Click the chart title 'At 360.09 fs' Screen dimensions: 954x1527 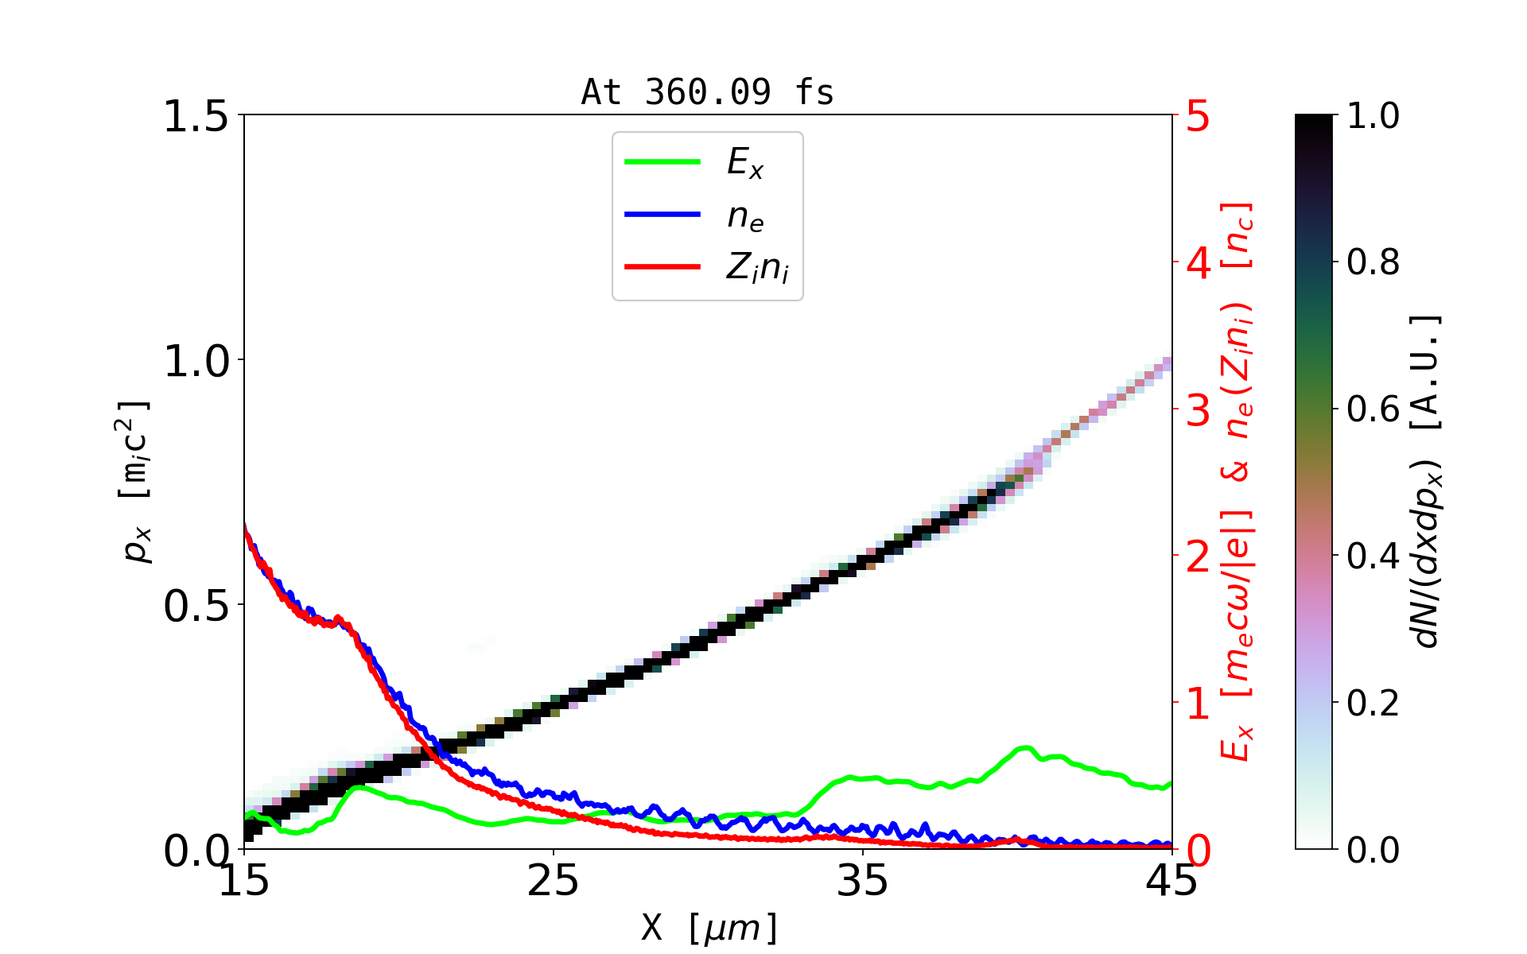[x=707, y=92]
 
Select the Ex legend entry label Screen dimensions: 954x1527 [x=745, y=163]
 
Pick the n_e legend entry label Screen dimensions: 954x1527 [x=745, y=215]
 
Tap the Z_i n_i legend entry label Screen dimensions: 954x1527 [x=757, y=268]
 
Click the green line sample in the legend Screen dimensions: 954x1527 [x=662, y=162]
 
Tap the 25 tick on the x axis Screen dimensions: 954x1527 [x=554, y=881]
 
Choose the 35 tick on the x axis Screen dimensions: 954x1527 [x=863, y=881]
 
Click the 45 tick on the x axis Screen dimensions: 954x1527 [x=1171, y=881]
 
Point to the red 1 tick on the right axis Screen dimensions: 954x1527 [x=1198, y=704]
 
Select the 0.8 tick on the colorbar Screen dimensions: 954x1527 [x=1373, y=262]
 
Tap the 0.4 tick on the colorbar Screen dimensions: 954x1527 [x=1373, y=556]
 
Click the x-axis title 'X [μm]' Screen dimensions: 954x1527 [x=709, y=927]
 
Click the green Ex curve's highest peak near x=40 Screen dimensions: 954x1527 [x=1026, y=748]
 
